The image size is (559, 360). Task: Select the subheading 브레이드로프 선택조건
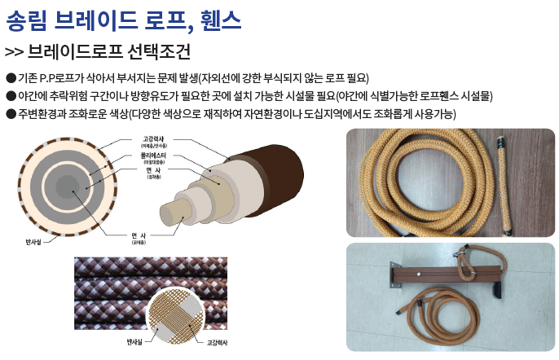(109, 52)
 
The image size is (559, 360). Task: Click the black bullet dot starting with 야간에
(10, 95)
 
